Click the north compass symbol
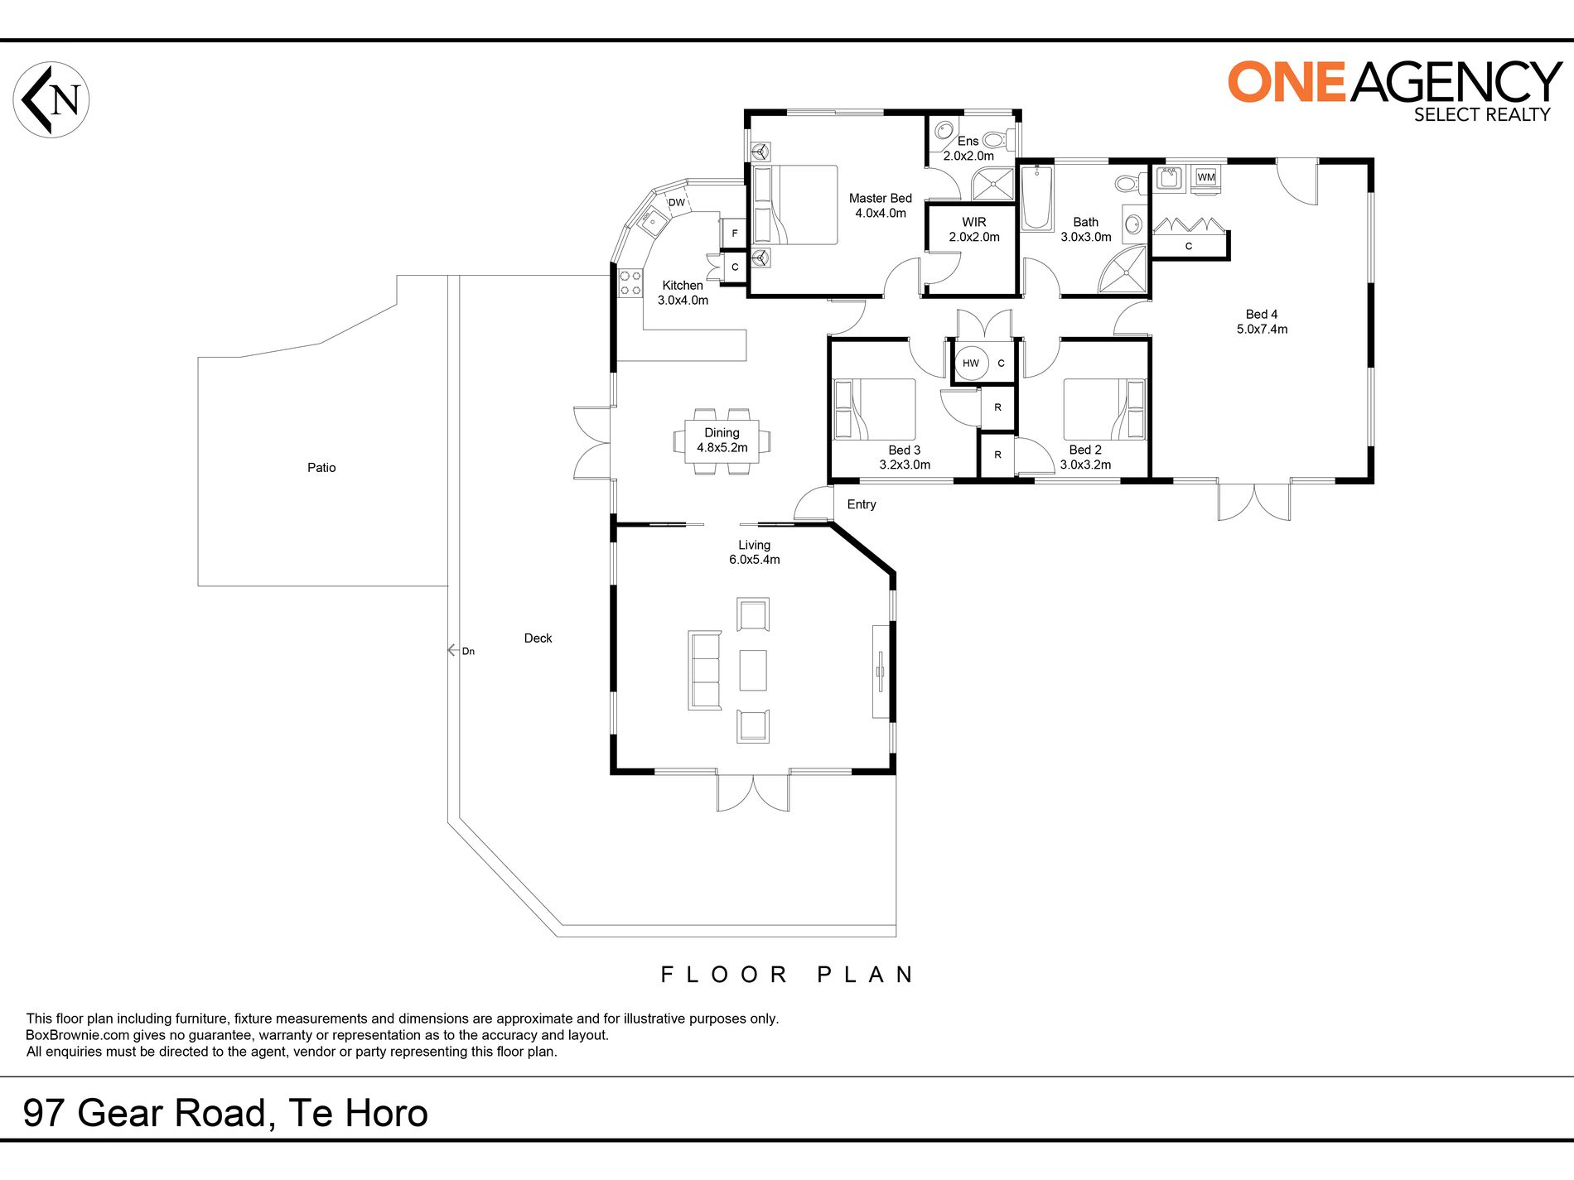[51, 99]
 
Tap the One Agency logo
[1394, 91]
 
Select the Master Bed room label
[881, 199]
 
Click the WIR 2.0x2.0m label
[974, 229]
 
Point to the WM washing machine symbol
[1205, 177]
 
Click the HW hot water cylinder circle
[971, 363]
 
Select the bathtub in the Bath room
[1036, 198]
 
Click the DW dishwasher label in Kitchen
[677, 203]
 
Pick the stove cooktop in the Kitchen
[630, 283]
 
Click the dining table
[722, 441]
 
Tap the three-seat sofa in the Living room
[705, 670]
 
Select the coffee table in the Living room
[753, 670]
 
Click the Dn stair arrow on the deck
[461, 651]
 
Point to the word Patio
[321, 468]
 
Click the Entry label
[862, 504]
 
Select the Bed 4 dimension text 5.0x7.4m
[1262, 330]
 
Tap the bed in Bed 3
[875, 410]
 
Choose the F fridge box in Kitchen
[735, 234]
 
